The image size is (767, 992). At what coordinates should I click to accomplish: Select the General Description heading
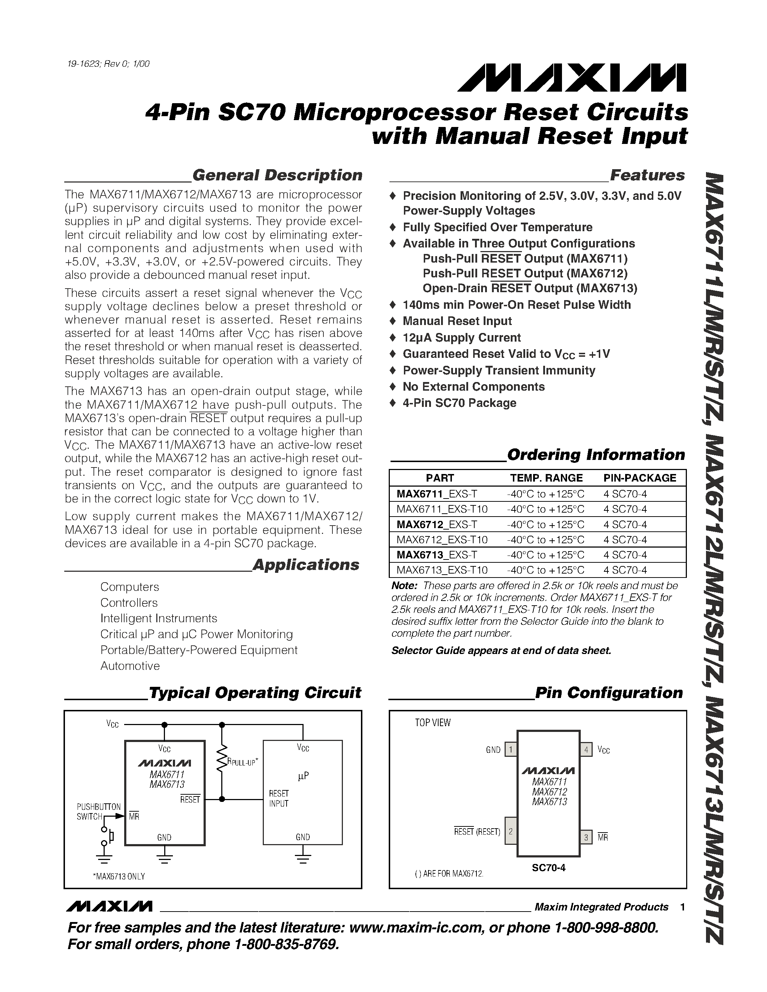point(277,175)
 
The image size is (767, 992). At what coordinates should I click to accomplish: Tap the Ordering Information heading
point(596,454)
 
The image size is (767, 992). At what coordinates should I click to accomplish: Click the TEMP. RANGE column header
point(546,478)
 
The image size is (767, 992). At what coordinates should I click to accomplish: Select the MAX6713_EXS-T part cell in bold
point(436,554)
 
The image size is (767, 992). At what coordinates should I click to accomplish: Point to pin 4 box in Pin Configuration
point(586,750)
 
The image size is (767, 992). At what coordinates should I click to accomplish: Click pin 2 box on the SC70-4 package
point(511,831)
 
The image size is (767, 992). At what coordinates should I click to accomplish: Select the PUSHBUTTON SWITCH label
point(98,811)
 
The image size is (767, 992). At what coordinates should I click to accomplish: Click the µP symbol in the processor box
point(303,776)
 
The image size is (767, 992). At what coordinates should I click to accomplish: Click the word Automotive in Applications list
point(130,666)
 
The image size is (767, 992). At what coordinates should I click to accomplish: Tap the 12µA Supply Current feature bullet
point(461,338)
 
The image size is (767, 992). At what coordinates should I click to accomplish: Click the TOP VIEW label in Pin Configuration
point(432,723)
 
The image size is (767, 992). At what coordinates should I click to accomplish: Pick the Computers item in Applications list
point(130,587)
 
